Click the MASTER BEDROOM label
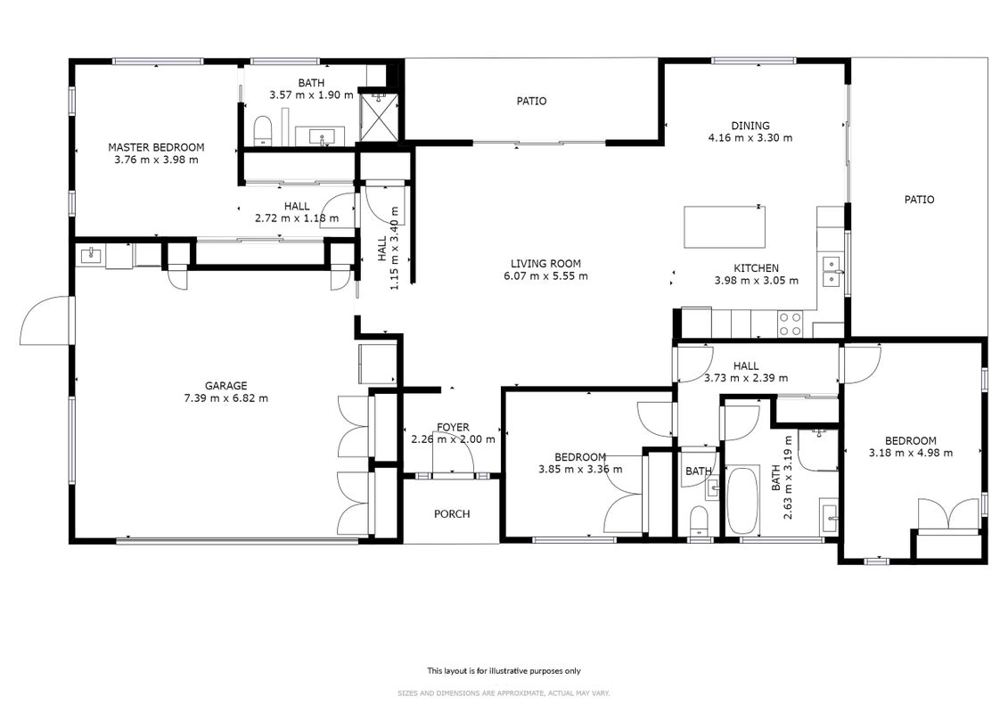tap(156, 147)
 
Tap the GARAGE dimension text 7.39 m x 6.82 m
tap(225, 398)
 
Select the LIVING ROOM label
tap(545, 264)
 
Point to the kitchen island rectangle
tap(725, 227)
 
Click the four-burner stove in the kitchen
tap(790, 324)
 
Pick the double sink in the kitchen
tap(832, 271)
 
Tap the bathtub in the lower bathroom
tap(742, 500)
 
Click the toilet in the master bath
tap(262, 130)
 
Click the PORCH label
tap(452, 513)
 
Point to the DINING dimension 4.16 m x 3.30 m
tap(750, 137)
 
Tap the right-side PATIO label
tap(919, 200)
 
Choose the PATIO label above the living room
tap(532, 101)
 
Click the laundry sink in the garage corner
tap(91, 256)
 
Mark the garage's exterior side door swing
tap(44, 320)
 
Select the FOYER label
tap(454, 427)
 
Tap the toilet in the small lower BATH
tap(698, 520)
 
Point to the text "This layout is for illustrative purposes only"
tap(504, 670)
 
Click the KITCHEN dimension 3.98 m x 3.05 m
tap(757, 281)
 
